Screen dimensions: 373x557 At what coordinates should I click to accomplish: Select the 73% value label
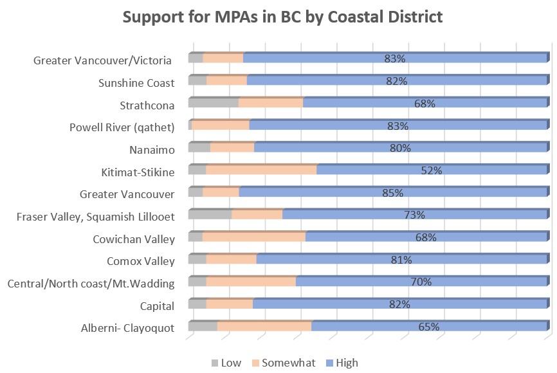pyautogui.click(x=415, y=215)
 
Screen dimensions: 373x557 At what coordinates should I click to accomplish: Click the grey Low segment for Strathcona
pyautogui.click(x=213, y=103)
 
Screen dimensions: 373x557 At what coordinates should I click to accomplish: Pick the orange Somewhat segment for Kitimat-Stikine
pyautogui.click(x=261, y=170)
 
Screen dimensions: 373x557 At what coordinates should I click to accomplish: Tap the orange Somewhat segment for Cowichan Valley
pyautogui.click(x=254, y=237)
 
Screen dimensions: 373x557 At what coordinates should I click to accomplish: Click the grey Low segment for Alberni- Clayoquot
pyautogui.click(x=203, y=327)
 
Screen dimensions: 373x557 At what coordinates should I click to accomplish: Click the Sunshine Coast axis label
pyautogui.click(x=136, y=83)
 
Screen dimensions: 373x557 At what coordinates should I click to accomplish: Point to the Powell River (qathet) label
pyautogui.click(x=122, y=127)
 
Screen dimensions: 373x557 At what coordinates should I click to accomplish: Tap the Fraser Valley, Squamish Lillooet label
pyautogui.click(x=96, y=217)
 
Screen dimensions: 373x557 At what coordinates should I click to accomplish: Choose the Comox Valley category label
pyautogui.click(x=141, y=261)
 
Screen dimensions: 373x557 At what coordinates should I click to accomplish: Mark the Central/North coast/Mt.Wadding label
pyautogui.click(x=91, y=284)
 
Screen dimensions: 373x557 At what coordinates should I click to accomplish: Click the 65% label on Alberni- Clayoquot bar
pyautogui.click(x=429, y=327)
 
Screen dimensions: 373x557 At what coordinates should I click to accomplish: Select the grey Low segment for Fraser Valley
pyautogui.click(x=210, y=215)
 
